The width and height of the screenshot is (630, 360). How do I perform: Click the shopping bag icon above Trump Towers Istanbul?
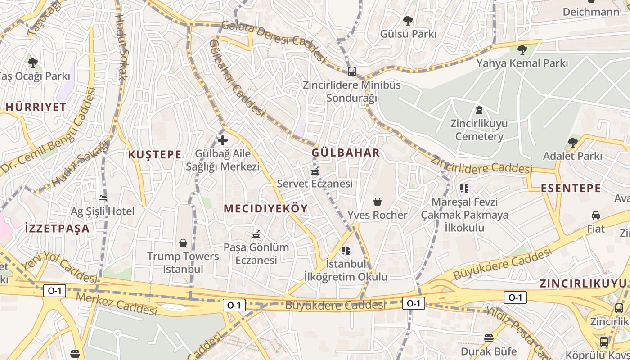click(183, 243)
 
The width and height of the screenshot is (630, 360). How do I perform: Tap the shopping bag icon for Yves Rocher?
click(378, 202)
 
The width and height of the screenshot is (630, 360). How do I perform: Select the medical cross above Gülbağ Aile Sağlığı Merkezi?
click(222, 140)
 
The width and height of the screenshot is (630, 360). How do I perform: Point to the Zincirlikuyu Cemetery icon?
click(479, 110)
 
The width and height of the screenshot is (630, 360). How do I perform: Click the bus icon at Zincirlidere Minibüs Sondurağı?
click(352, 71)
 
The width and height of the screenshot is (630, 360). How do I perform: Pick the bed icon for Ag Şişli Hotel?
click(103, 198)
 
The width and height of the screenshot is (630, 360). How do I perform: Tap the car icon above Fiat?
click(596, 215)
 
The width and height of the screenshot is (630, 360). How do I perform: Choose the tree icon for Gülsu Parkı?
click(408, 20)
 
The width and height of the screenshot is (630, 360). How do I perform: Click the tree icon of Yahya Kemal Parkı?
click(522, 49)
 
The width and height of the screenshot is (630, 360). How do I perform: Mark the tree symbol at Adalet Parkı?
click(572, 143)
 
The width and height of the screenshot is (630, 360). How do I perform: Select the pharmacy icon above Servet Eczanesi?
click(315, 171)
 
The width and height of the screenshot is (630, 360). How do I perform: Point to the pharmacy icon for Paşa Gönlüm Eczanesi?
click(256, 234)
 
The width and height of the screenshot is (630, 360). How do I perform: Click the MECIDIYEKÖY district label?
click(265, 208)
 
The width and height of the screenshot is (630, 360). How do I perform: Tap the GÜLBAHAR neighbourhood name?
click(346, 153)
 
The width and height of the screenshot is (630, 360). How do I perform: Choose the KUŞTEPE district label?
click(155, 155)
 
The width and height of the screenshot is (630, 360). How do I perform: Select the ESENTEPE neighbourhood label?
click(571, 188)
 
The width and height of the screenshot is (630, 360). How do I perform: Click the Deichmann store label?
click(591, 12)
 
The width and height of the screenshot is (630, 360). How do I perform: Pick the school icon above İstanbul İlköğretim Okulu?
click(346, 250)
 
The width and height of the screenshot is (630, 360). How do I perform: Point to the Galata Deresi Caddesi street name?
click(273, 40)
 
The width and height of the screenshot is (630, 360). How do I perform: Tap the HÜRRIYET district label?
click(36, 107)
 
